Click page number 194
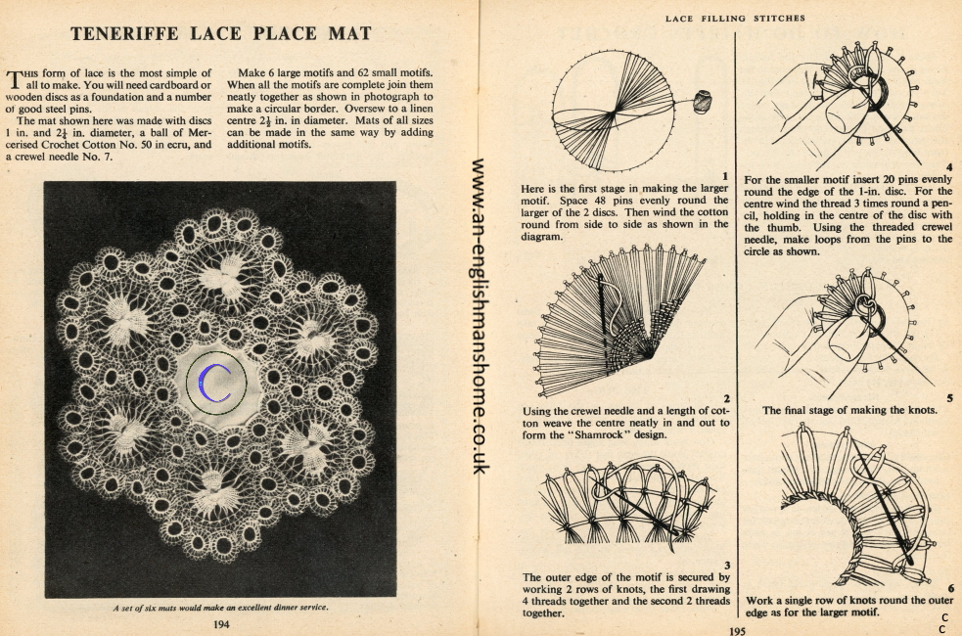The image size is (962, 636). coord(221,622)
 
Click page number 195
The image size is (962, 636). coord(737,631)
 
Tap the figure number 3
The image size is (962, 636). coord(725,565)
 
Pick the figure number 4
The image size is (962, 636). coord(948,166)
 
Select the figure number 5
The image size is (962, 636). coord(948,397)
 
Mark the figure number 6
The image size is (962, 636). coord(948,587)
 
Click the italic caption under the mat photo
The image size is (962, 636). coord(220,607)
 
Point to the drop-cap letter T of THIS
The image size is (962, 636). coord(15,78)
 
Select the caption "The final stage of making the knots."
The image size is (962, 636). coord(849,410)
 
